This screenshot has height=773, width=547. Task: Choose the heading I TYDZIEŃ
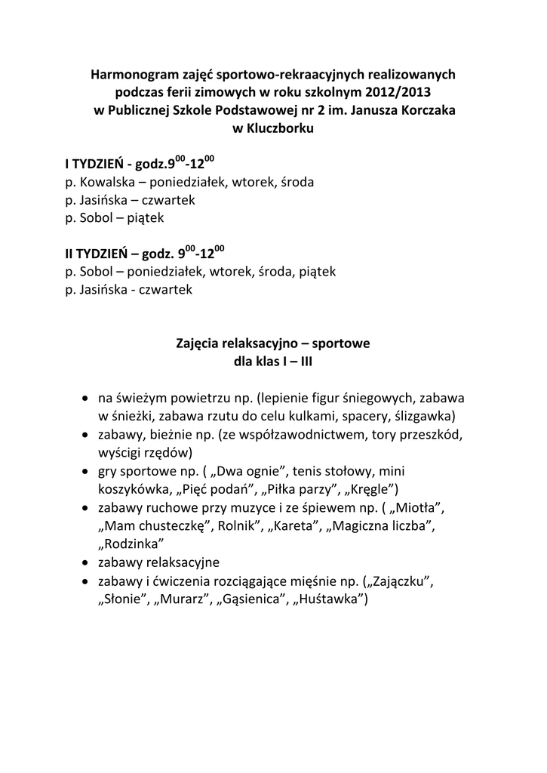click(x=93, y=163)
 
